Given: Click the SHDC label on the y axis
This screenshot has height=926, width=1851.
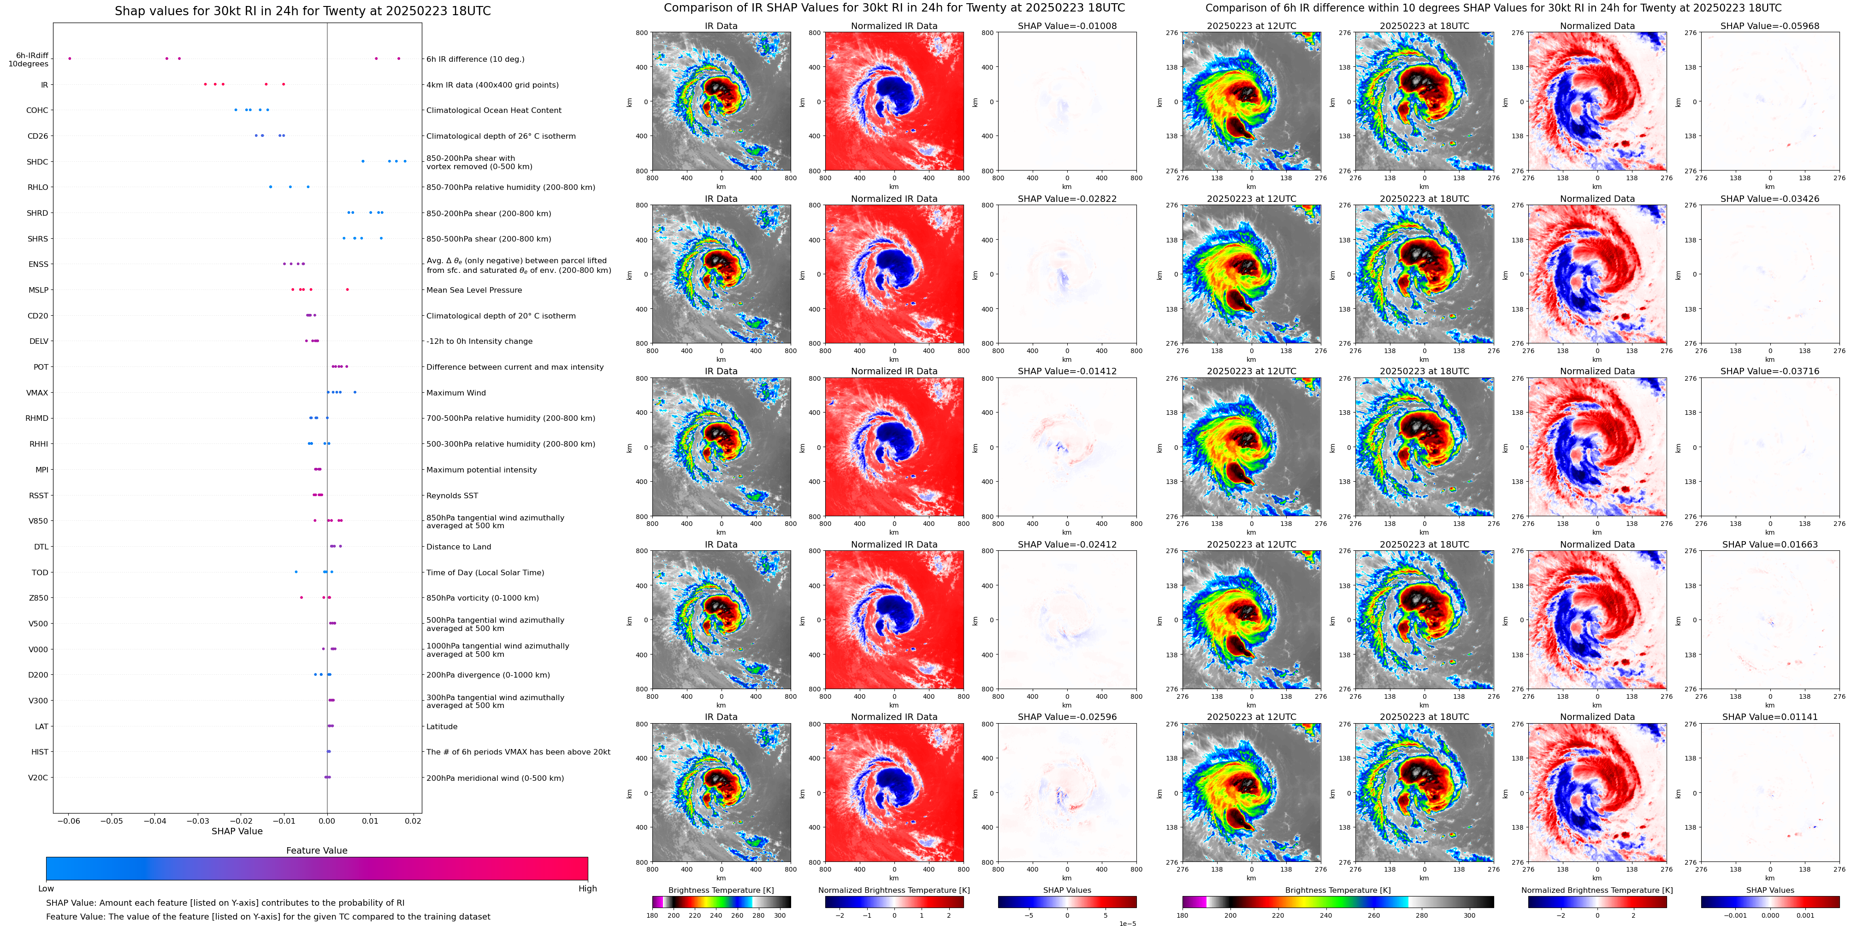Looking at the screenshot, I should pyautogui.click(x=37, y=162).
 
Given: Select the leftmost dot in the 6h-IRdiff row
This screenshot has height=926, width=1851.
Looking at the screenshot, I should pyautogui.click(x=70, y=58).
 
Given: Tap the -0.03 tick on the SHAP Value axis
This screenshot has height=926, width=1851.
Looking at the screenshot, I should pyautogui.click(x=198, y=820).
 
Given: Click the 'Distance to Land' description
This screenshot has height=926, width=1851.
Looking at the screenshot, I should pyautogui.click(x=458, y=547).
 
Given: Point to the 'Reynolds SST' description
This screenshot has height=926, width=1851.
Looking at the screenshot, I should pyautogui.click(x=452, y=495).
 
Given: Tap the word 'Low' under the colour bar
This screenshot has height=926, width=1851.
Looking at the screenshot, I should pyautogui.click(x=46, y=889).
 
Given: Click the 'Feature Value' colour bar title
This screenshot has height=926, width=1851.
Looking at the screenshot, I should pyautogui.click(x=316, y=850).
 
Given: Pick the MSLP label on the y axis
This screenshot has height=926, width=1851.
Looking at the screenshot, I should pyautogui.click(x=38, y=290).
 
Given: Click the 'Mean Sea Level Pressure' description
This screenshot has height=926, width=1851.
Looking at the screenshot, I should pyautogui.click(x=473, y=290).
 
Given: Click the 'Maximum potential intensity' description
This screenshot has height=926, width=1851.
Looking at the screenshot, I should pyautogui.click(x=481, y=470).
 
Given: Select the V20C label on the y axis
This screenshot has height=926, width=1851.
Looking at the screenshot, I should pyautogui.click(x=38, y=777).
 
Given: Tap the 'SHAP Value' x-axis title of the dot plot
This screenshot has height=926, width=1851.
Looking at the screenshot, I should pyautogui.click(x=237, y=831).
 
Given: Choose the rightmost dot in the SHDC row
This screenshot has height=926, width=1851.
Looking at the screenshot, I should pyautogui.click(x=405, y=161).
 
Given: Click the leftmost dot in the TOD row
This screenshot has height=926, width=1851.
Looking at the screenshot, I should pyautogui.click(x=296, y=572).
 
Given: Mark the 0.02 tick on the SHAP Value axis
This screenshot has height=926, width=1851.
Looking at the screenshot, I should pyautogui.click(x=413, y=820).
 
